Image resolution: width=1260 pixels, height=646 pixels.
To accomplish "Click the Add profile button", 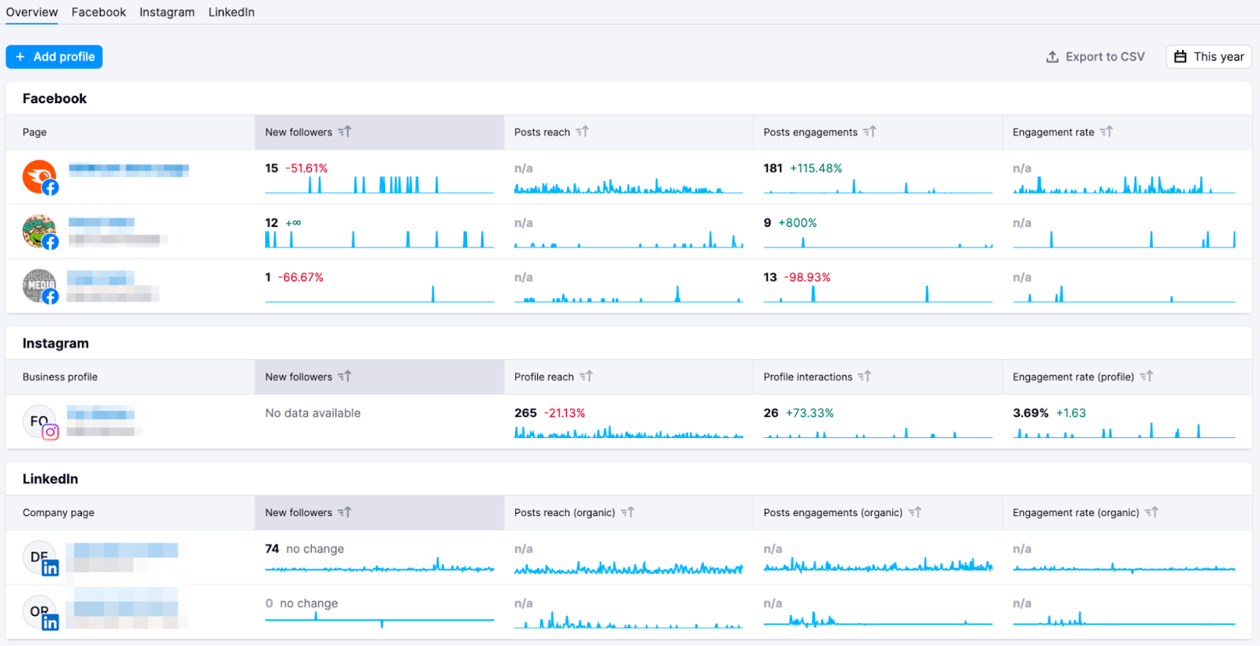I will (54, 57).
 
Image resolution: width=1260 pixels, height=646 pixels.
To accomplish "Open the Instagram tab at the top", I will (167, 12).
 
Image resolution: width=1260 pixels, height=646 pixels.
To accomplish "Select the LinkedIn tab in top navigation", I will (231, 12).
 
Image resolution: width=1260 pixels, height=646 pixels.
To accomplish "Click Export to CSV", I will (1095, 57).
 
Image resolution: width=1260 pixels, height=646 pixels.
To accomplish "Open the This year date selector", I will (1208, 57).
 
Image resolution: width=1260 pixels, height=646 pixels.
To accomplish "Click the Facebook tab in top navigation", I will (98, 12).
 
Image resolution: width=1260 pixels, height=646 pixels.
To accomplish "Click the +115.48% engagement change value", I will (816, 169).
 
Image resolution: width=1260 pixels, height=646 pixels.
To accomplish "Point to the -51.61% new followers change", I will (306, 169).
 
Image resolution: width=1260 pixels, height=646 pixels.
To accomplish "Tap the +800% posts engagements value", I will (797, 223).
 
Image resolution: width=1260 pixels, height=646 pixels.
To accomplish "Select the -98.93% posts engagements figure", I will (807, 277).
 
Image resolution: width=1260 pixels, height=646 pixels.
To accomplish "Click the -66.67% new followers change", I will (300, 277).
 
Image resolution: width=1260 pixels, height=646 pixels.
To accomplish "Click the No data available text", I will (313, 413).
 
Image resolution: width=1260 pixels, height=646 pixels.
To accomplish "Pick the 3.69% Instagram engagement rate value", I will (1030, 413).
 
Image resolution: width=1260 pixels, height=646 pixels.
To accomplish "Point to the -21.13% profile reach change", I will (565, 413).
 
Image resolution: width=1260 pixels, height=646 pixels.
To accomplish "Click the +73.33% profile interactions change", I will (810, 413).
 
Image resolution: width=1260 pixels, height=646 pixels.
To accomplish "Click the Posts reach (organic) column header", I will (565, 513).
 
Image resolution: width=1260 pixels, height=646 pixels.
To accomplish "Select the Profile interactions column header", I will (807, 377).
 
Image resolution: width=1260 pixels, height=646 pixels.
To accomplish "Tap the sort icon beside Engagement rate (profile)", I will (1147, 377).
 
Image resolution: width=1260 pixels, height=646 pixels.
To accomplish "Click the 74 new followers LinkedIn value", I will (272, 549).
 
